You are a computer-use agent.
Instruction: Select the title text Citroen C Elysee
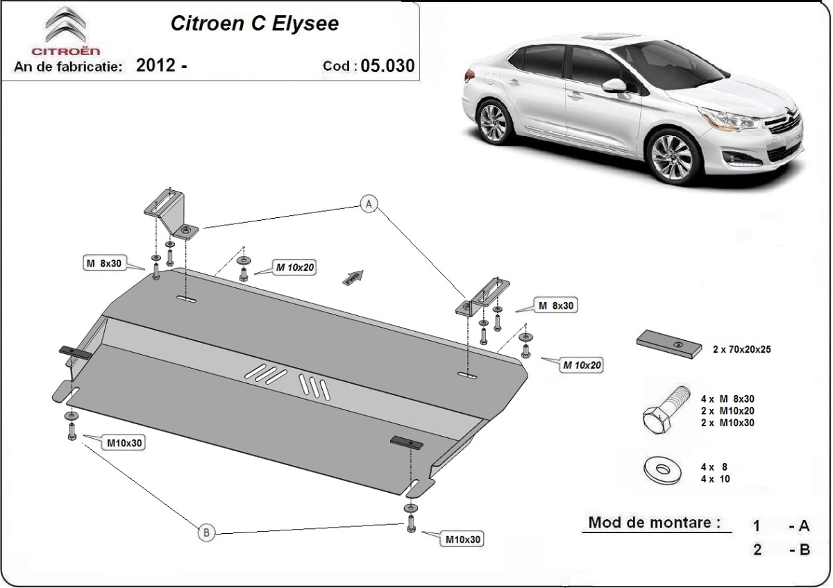[x=255, y=24]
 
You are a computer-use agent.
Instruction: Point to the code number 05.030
[x=387, y=67]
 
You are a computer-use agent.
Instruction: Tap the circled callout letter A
[x=369, y=203]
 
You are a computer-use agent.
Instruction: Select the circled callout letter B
[x=205, y=532]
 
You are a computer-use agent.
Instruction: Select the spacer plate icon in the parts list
[x=668, y=344]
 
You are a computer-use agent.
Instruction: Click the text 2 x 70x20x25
[x=741, y=350]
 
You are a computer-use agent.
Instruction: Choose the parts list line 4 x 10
[x=716, y=478]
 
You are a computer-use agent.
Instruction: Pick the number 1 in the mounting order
[x=757, y=527]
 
